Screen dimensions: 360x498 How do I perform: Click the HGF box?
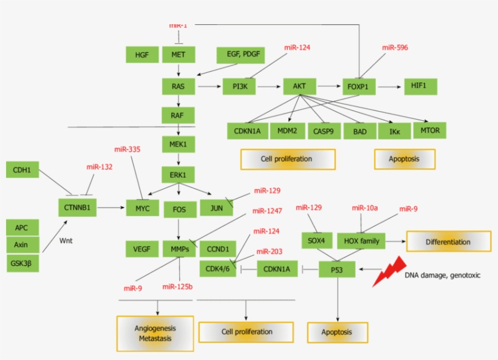tap(142, 55)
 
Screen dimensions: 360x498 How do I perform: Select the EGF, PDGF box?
tap(242, 55)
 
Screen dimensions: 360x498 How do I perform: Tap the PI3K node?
tap(239, 86)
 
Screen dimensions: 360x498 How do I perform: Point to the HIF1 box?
tap(420, 86)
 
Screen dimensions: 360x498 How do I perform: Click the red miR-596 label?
tap(395, 47)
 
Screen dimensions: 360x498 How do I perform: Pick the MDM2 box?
tap(287, 131)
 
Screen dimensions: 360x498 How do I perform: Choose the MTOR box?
tap(430, 130)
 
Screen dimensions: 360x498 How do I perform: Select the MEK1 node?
tap(178, 144)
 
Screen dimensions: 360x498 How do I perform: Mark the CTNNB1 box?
tap(77, 208)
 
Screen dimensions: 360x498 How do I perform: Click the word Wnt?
tap(66, 240)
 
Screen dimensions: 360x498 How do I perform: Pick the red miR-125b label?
tap(177, 287)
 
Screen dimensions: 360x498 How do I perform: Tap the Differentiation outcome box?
tap(448, 242)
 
